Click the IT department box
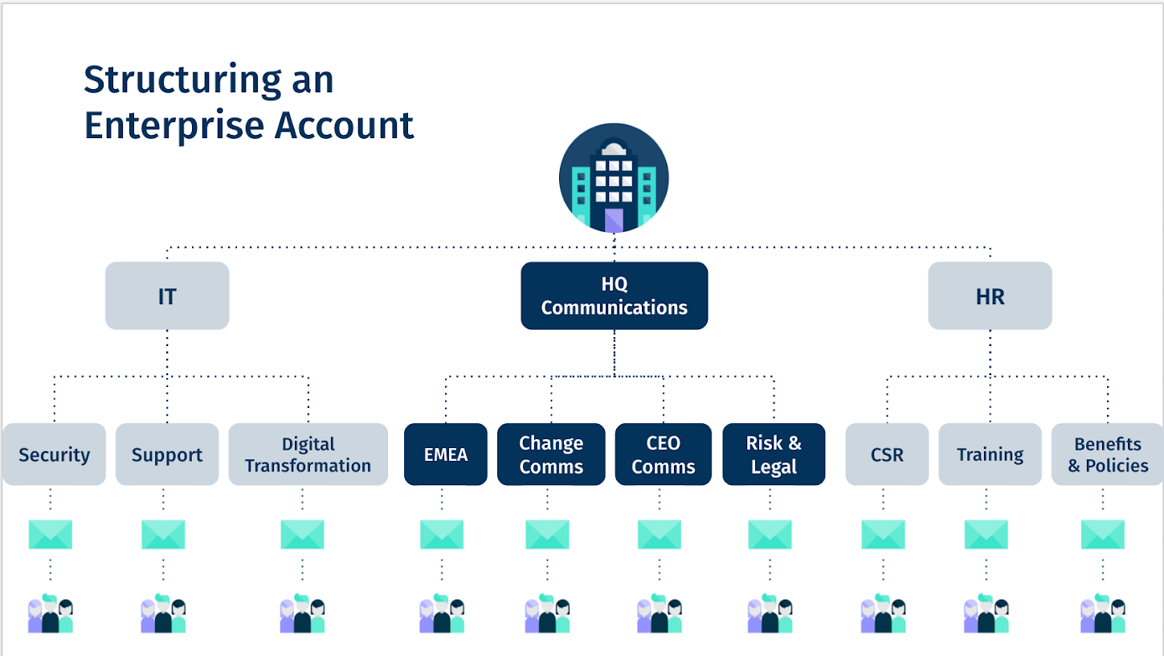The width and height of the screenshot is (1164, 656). pos(167,295)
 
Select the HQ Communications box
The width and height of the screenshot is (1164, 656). pos(614,295)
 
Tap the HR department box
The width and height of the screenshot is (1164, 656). pos(990,295)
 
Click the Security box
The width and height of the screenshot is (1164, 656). pos(54,454)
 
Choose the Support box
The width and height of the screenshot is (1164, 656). pos(167,454)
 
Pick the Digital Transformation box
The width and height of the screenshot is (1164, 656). pos(308,454)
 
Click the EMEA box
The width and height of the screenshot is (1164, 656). pos(445,454)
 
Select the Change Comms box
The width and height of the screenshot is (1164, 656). pos(551,454)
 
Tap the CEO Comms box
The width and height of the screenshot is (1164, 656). pos(663,454)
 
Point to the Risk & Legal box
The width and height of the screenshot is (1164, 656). pos(774,454)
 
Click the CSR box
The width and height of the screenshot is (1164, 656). pos(887,454)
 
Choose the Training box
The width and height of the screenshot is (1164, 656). pos(990,454)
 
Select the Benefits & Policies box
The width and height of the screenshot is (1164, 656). pos(1108,454)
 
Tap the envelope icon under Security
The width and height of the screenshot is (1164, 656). pos(51,535)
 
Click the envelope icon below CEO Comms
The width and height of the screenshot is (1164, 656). pos(660,535)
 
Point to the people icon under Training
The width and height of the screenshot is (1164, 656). pos(986,615)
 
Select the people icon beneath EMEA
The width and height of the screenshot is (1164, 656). pos(442,615)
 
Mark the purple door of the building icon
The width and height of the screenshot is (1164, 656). pos(614,219)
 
